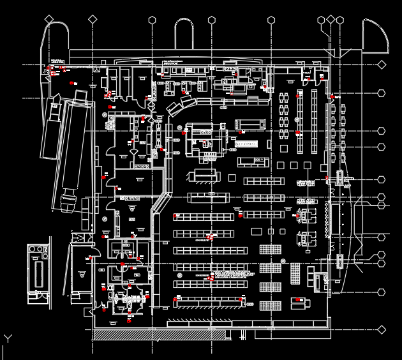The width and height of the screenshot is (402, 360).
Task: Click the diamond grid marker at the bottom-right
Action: [x=382, y=330]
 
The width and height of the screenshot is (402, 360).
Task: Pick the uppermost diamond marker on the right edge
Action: [x=382, y=64]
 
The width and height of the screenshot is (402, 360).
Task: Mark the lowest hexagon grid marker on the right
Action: [x=382, y=293]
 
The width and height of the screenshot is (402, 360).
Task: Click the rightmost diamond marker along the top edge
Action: [x=339, y=20]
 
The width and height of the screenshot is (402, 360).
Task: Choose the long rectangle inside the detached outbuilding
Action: [x=39, y=274]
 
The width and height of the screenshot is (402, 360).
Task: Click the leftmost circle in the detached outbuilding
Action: [x=34, y=250]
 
